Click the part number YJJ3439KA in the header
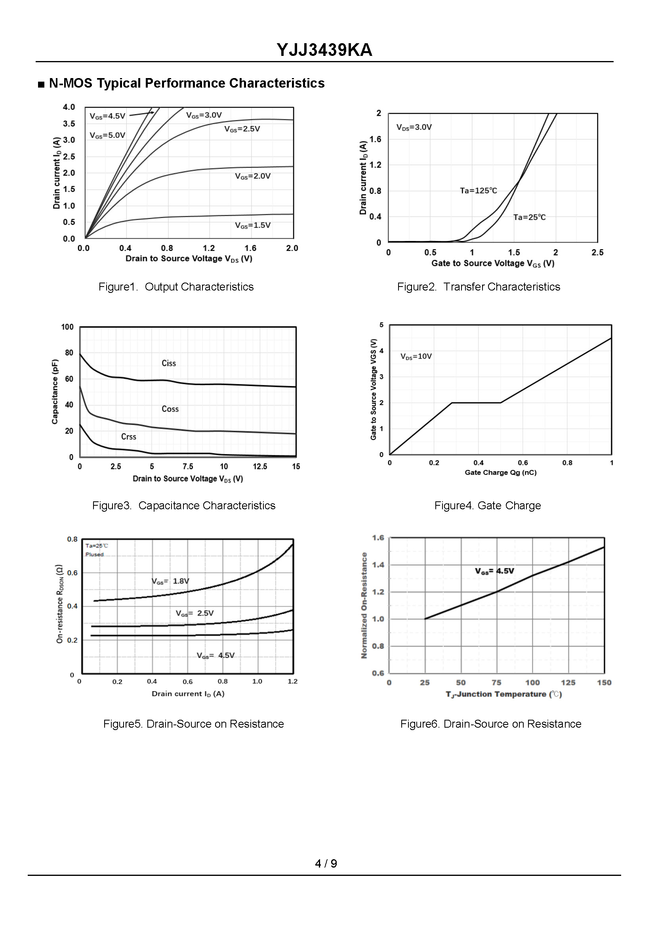click(x=324, y=50)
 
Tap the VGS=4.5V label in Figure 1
click(x=107, y=117)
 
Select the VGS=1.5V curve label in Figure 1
click(x=253, y=225)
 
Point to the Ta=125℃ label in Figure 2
click(x=478, y=190)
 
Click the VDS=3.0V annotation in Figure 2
click(x=414, y=127)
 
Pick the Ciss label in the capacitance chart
click(x=168, y=363)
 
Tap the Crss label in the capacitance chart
click(x=128, y=437)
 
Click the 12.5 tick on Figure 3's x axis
click(x=260, y=466)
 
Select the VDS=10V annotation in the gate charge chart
click(x=416, y=356)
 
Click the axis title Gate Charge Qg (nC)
click(x=500, y=472)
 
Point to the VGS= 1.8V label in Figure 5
click(x=170, y=581)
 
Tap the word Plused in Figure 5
click(x=95, y=554)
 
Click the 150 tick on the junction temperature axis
click(x=604, y=682)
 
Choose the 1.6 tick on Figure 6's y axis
click(x=378, y=538)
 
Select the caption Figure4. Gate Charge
click(x=488, y=506)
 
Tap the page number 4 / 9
click(x=326, y=864)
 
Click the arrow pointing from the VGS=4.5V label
click(x=141, y=114)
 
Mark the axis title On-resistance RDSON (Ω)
click(x=59, y=604)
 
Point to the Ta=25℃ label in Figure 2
click(x=529, y=218)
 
